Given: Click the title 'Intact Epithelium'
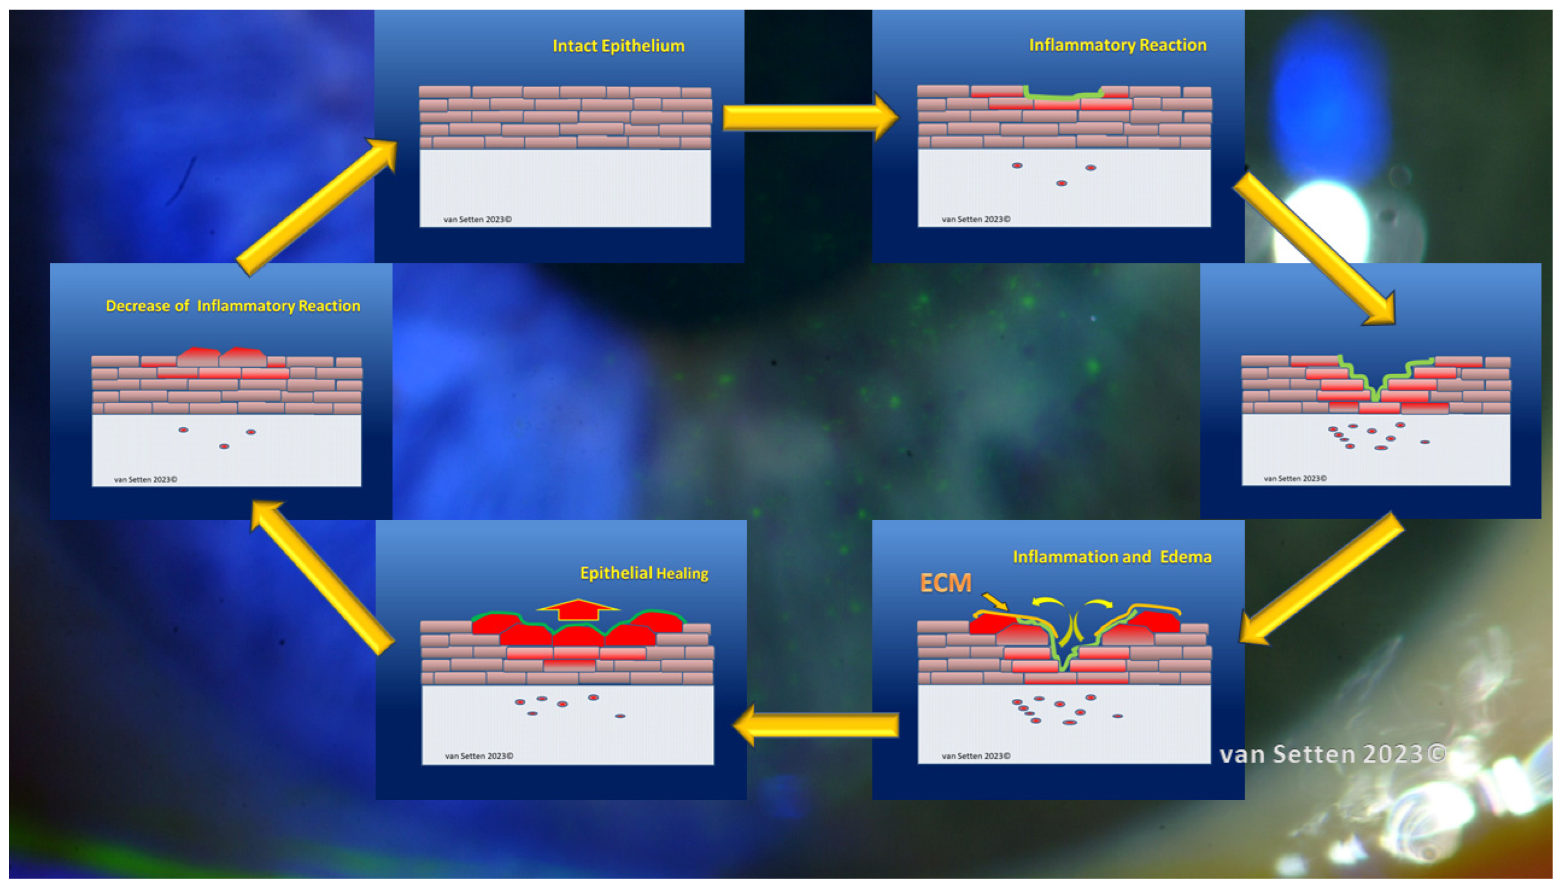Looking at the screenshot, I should coord(618,46).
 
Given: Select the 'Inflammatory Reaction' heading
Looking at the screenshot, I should coord(1117,45).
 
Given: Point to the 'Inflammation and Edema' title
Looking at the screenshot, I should coord(1112,557).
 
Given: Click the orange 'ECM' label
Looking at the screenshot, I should coord(945,583).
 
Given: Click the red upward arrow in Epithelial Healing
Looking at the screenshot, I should coord(578,610).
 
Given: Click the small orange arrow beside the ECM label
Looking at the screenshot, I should coord(995,602).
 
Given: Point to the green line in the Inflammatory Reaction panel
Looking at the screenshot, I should coord(1062,95).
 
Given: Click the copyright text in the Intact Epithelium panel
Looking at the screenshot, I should coord(477,219).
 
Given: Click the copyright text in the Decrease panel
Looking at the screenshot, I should coord(145,479).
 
